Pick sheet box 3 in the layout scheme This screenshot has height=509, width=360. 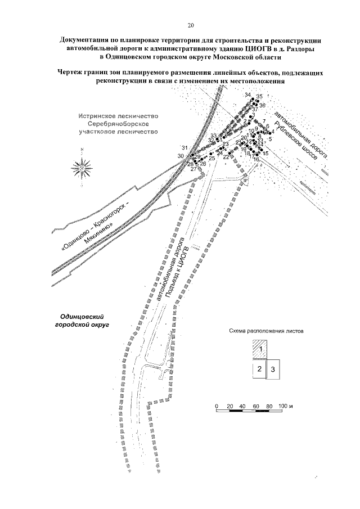click(273, 370)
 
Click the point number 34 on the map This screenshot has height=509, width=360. click(248, 95)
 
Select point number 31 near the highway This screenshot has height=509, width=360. click(184, 148)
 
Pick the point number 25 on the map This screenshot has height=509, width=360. click(212, 159)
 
